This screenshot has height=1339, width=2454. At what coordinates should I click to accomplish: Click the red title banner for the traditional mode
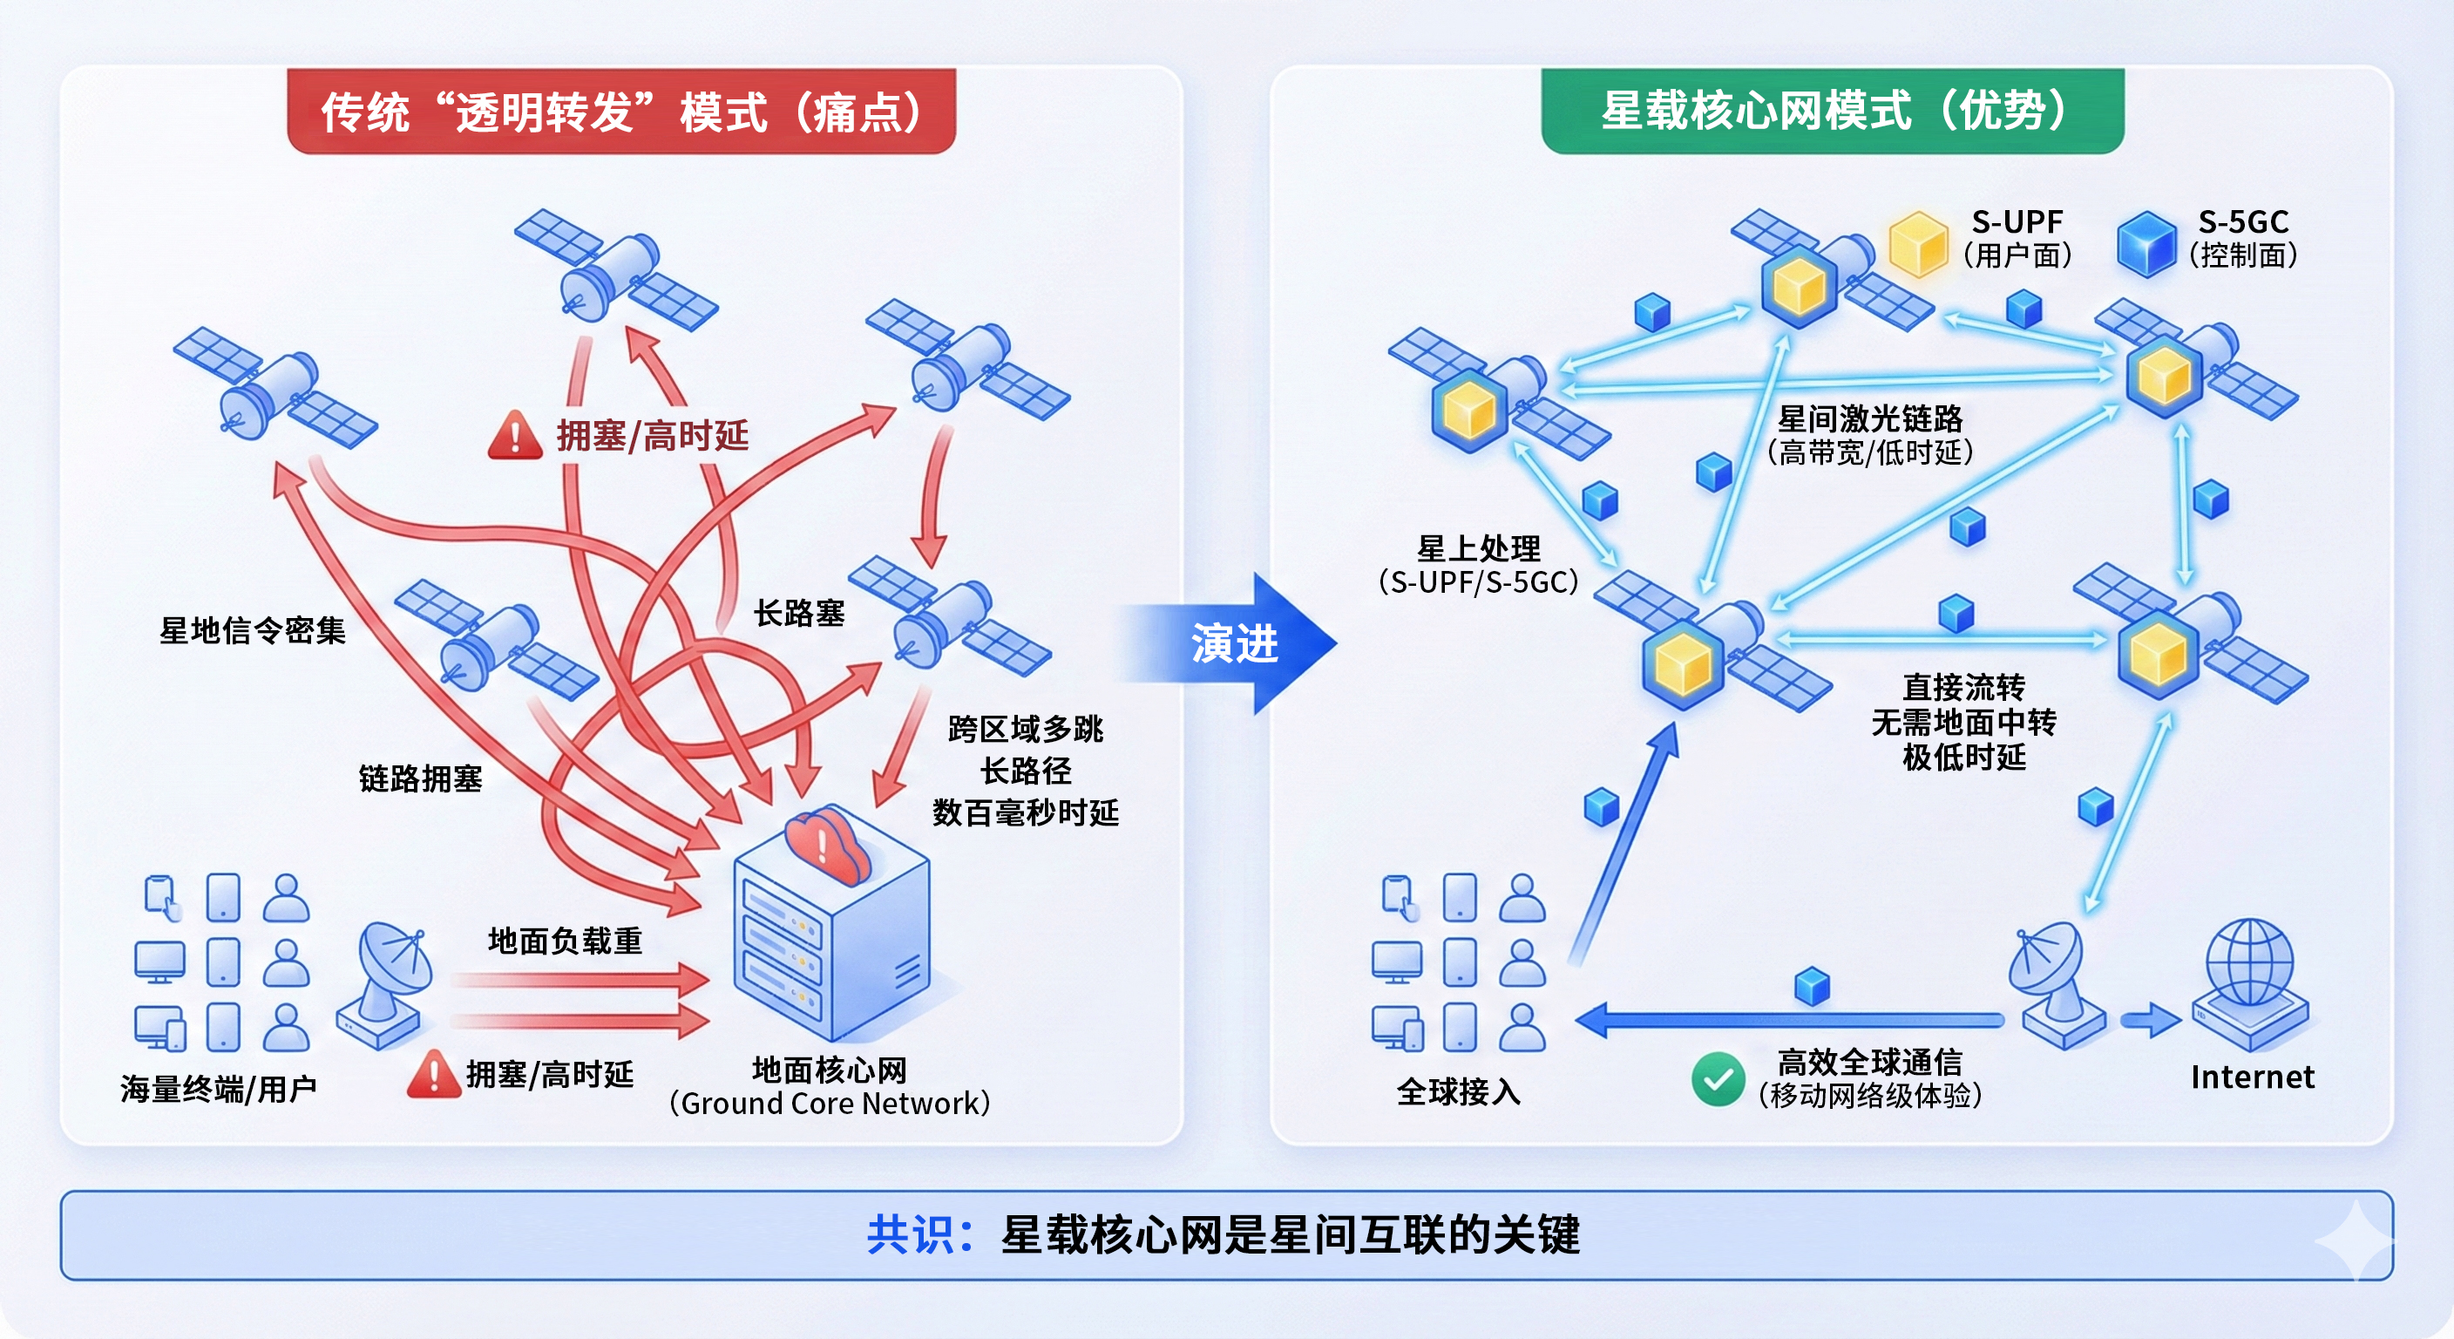point(621,112)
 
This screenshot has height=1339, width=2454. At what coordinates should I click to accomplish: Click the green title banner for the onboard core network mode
point(1832,111)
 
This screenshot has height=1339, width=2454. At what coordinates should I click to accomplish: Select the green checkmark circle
point(1718,1079)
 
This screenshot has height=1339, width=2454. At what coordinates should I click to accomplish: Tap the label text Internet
point(2252,1077)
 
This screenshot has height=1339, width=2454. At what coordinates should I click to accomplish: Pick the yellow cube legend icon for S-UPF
point(1918,243)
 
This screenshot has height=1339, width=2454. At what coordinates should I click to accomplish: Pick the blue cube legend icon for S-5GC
point(2146,243)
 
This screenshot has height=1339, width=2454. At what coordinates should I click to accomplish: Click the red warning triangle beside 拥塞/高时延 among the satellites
point(515,437)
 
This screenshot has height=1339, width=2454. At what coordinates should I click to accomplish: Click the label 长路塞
point(799,614)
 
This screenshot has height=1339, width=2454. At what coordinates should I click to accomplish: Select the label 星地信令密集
point(253,630)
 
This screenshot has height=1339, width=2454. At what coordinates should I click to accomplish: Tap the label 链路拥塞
point(420,778)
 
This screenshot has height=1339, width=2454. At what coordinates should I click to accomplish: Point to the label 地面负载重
point(565,941)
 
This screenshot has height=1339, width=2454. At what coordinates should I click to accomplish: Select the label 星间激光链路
point(1870,418)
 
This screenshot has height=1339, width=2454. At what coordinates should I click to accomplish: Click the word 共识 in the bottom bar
point(909,1234)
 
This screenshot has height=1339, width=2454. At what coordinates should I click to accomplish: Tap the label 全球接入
point(1459,1091)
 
